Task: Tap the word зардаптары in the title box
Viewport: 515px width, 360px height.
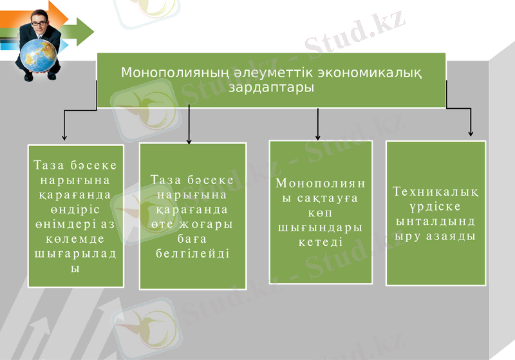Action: coord(271,87)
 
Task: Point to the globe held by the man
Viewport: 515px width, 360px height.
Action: coord(39,58)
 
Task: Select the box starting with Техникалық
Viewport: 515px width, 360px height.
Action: coord(436,213)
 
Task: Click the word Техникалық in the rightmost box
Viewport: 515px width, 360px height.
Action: coord(436,192)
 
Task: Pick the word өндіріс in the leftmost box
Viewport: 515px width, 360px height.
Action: coord(76,209)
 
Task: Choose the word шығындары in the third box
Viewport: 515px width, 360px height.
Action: coord(320,227)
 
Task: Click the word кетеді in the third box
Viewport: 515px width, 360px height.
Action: coord(320,242)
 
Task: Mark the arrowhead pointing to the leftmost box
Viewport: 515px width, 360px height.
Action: coord(64,137)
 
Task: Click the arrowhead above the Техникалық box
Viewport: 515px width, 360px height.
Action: coord(471,133)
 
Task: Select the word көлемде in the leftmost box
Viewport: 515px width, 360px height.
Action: coord(76,238)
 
